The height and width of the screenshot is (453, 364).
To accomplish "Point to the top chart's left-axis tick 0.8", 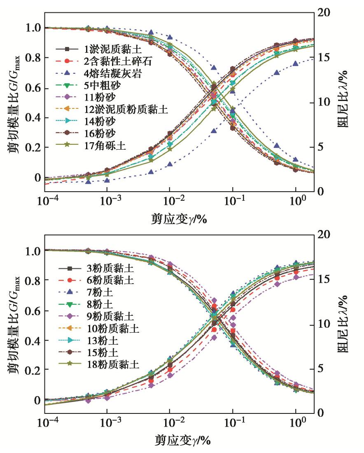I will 33,58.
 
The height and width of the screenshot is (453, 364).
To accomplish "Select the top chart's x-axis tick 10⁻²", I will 169,202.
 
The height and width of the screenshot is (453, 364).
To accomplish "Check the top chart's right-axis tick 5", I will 324,147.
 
